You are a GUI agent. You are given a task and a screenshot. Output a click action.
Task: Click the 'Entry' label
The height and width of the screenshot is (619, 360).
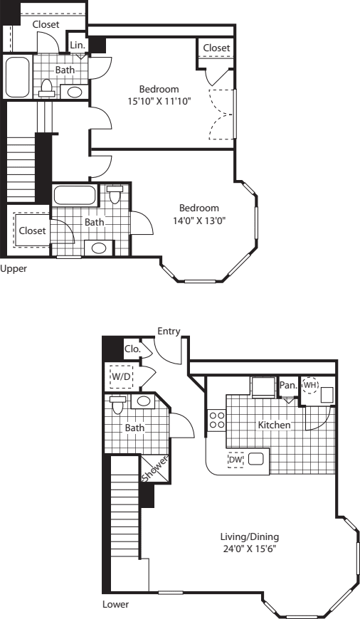[x=169, y=331]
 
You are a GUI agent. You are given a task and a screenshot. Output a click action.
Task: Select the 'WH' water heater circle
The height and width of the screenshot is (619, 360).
[x=310, y=385]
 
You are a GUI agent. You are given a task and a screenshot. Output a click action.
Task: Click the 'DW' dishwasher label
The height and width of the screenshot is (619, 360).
[x=235, y=460]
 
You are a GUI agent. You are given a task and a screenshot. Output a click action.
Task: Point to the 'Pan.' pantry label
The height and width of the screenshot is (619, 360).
[x=288, y=385]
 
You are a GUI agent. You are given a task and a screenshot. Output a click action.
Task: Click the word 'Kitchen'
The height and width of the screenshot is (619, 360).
[x=274, y=425]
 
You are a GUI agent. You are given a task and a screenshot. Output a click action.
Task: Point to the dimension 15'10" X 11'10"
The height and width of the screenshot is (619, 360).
[x=159, y=101]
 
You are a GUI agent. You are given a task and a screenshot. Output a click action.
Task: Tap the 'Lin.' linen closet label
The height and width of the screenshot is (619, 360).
[x=78, y=45]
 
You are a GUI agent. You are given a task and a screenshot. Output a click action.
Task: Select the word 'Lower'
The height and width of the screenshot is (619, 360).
[x=115, y=605]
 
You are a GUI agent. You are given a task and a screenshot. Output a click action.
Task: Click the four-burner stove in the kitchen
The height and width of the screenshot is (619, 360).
[x=216, y=420]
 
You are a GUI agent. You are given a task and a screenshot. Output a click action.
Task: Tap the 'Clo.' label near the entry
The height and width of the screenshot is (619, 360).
[x=132, y=349]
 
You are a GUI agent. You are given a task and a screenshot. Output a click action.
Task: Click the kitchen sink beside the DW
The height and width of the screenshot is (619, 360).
[x=255, y=460]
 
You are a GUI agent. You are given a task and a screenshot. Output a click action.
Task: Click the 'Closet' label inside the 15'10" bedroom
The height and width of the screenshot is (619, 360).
[x=216, y=48]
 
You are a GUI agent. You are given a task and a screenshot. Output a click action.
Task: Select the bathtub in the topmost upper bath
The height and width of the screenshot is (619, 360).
[x=17, y=77]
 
